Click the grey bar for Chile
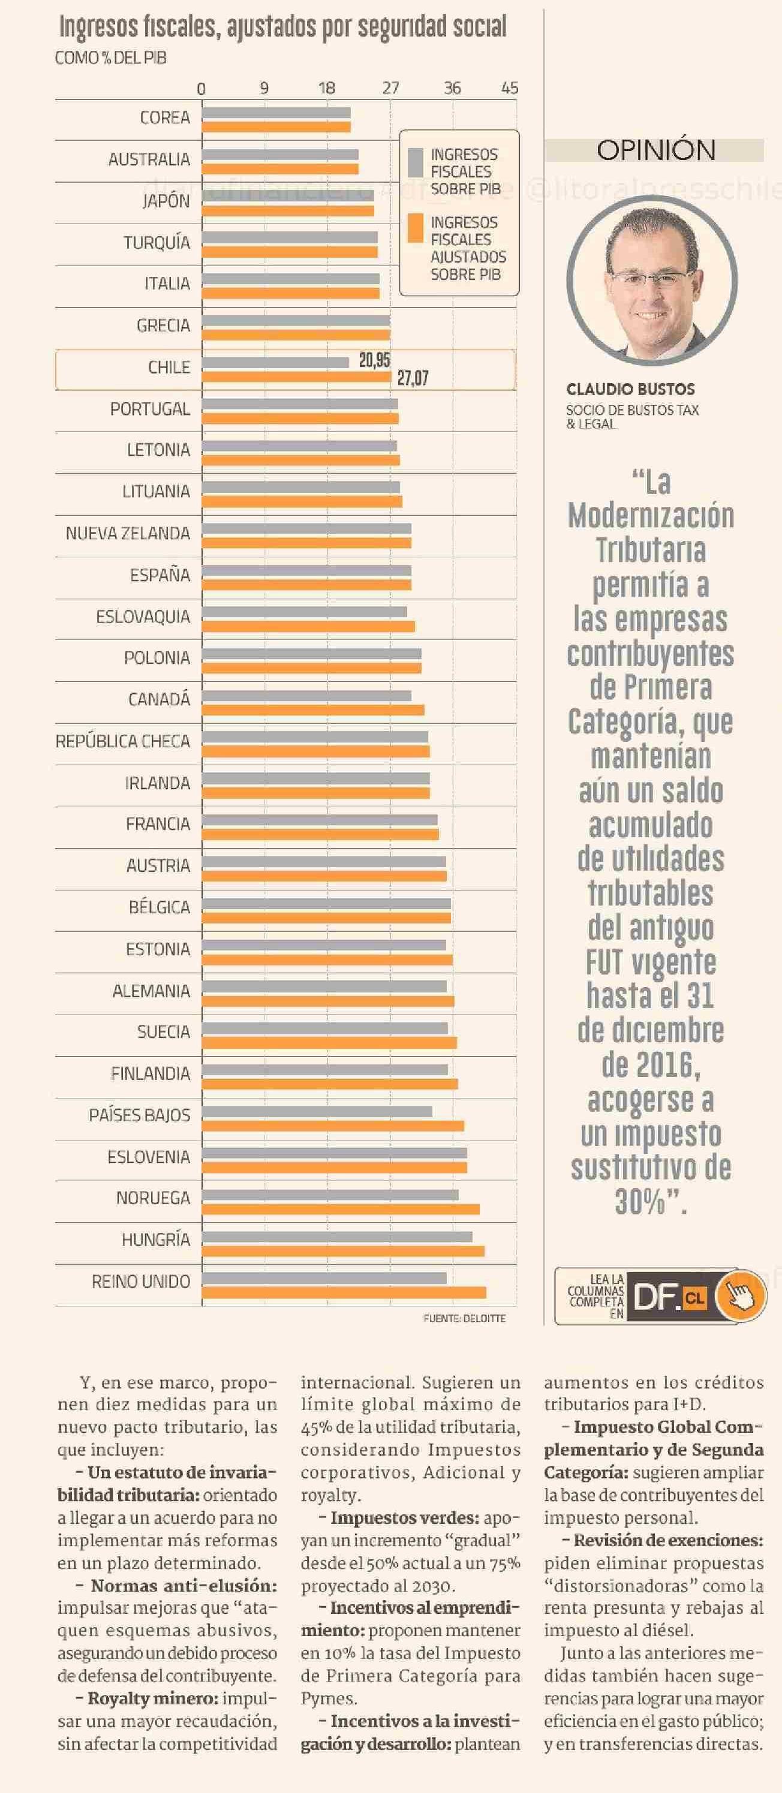tap(275, 363)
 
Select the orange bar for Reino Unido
tap(344, 1293)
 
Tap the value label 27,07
tap(412, 378)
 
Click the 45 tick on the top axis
tap(510, 89)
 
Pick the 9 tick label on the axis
tap(264, 89)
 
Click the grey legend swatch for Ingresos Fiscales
tap(416, 162)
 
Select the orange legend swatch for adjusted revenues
tap(416, 228)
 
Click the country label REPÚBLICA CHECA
tap(122, 741)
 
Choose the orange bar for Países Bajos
tap(333, 1126)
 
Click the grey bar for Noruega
tap(330, 1195)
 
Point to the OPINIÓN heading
tap(655, 150)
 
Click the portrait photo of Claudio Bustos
tap(652, 281)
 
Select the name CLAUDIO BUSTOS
tap(630, 390)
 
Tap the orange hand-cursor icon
tap(740, 1296)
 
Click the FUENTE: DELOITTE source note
tap(465, 1318)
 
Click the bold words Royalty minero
tap(152, 1698)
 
